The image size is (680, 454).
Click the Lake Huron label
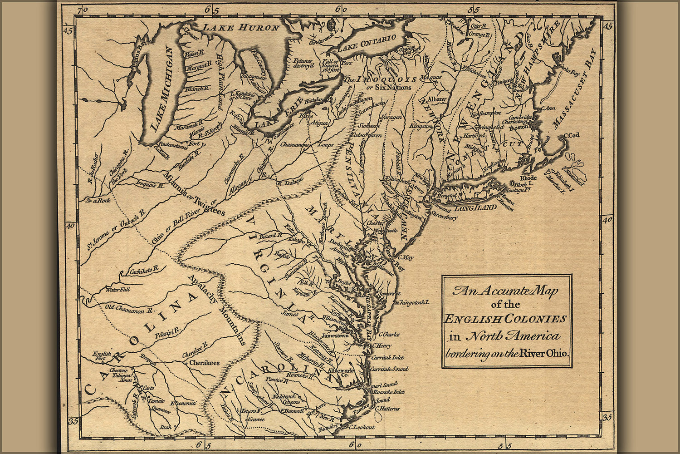click(241, 28)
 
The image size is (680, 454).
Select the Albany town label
click(437, 99)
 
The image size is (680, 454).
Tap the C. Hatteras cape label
click(387, 409)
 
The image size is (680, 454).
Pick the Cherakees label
click(204, 363)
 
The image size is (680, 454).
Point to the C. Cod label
click(572, 136)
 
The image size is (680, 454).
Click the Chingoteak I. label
click(414, 301)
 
